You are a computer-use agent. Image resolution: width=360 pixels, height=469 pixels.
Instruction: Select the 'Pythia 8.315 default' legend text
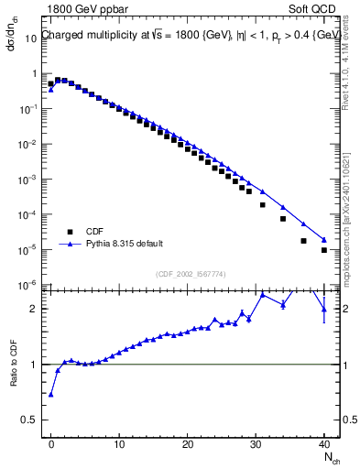pos(125,244)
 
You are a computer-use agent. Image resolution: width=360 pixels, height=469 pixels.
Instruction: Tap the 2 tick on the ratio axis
pos(33,310)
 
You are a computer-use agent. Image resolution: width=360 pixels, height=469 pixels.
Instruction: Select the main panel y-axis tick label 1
pos(34,73)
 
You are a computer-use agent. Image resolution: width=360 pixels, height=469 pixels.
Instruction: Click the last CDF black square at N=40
pos(324,250)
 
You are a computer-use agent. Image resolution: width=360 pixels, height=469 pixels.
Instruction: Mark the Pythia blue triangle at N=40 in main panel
pos(324,240)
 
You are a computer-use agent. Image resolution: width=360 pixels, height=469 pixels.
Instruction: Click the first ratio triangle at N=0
pos(51,395)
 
